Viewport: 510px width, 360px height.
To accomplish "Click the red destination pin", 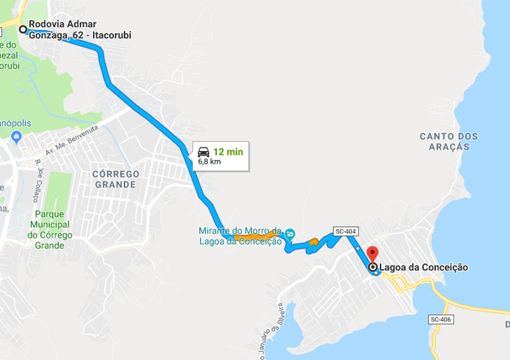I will point(373,254).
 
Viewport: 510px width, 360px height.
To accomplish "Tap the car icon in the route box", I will point(203,152).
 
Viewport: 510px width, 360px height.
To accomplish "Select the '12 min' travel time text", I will point(228,152).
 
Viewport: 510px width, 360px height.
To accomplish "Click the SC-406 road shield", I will point(440,319).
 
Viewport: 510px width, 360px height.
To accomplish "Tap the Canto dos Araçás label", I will point(449,141).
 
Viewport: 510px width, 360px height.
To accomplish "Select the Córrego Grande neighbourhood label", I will point(115,179).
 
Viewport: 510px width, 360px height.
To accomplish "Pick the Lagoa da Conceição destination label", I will point(423,268).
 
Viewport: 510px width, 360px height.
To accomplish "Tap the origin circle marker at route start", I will point(23,29).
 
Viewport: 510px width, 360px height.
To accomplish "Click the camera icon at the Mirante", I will point(290,234).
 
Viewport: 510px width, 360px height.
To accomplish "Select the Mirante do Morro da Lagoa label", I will point(240,235).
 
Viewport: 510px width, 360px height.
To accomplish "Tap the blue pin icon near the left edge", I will point(17,135).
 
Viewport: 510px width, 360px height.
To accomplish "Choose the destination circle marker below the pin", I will point(373,268).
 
